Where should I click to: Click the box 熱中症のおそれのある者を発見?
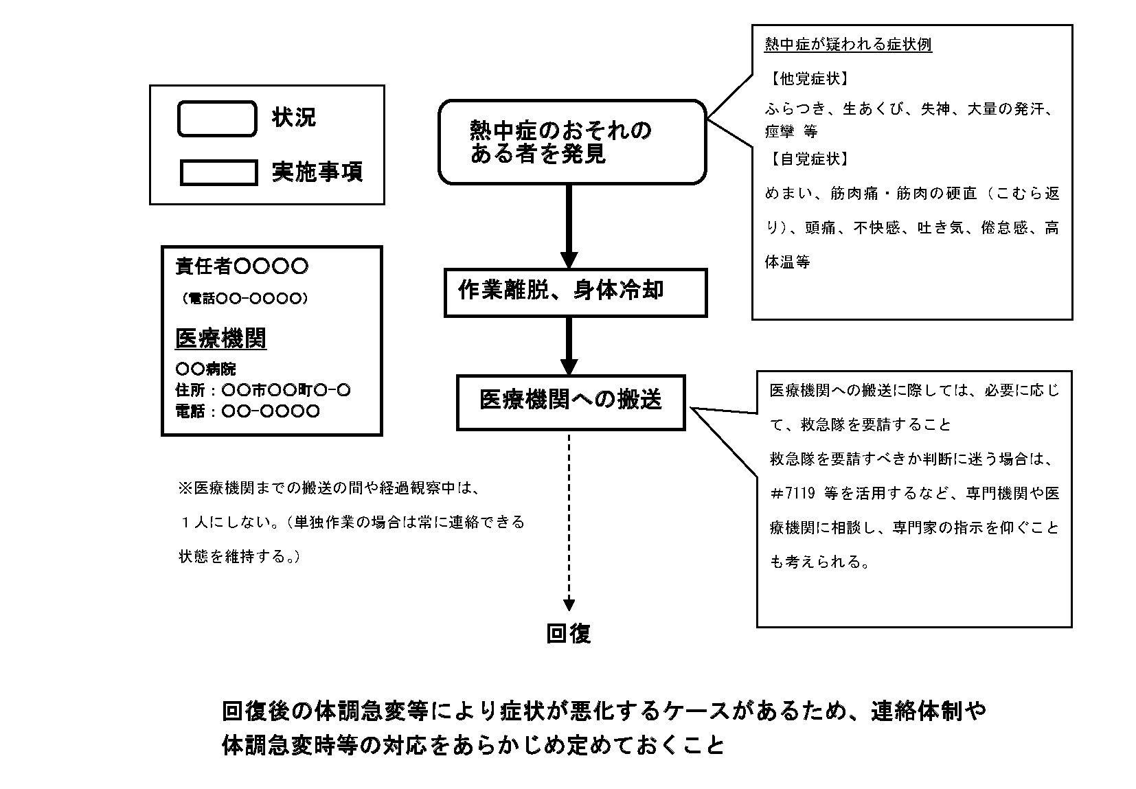[572, 142]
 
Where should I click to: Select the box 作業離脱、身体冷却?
[576, 293]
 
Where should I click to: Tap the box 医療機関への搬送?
[571, 402]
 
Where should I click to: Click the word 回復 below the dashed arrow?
[569, 633]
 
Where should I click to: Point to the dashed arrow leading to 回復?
[569, 522]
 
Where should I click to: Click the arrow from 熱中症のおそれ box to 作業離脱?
[569, 227]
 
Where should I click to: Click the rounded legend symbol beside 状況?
[217, 118]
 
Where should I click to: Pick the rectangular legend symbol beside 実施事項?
[218, 172]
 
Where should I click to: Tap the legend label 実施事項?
[317, 172]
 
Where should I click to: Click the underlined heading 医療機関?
[220, 339]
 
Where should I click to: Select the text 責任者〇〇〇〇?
[242, 266]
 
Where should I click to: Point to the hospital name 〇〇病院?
[205, 369]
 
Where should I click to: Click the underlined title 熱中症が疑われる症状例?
[848, 45]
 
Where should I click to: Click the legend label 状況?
[294, 118]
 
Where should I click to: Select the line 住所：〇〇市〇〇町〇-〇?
[263, 391]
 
